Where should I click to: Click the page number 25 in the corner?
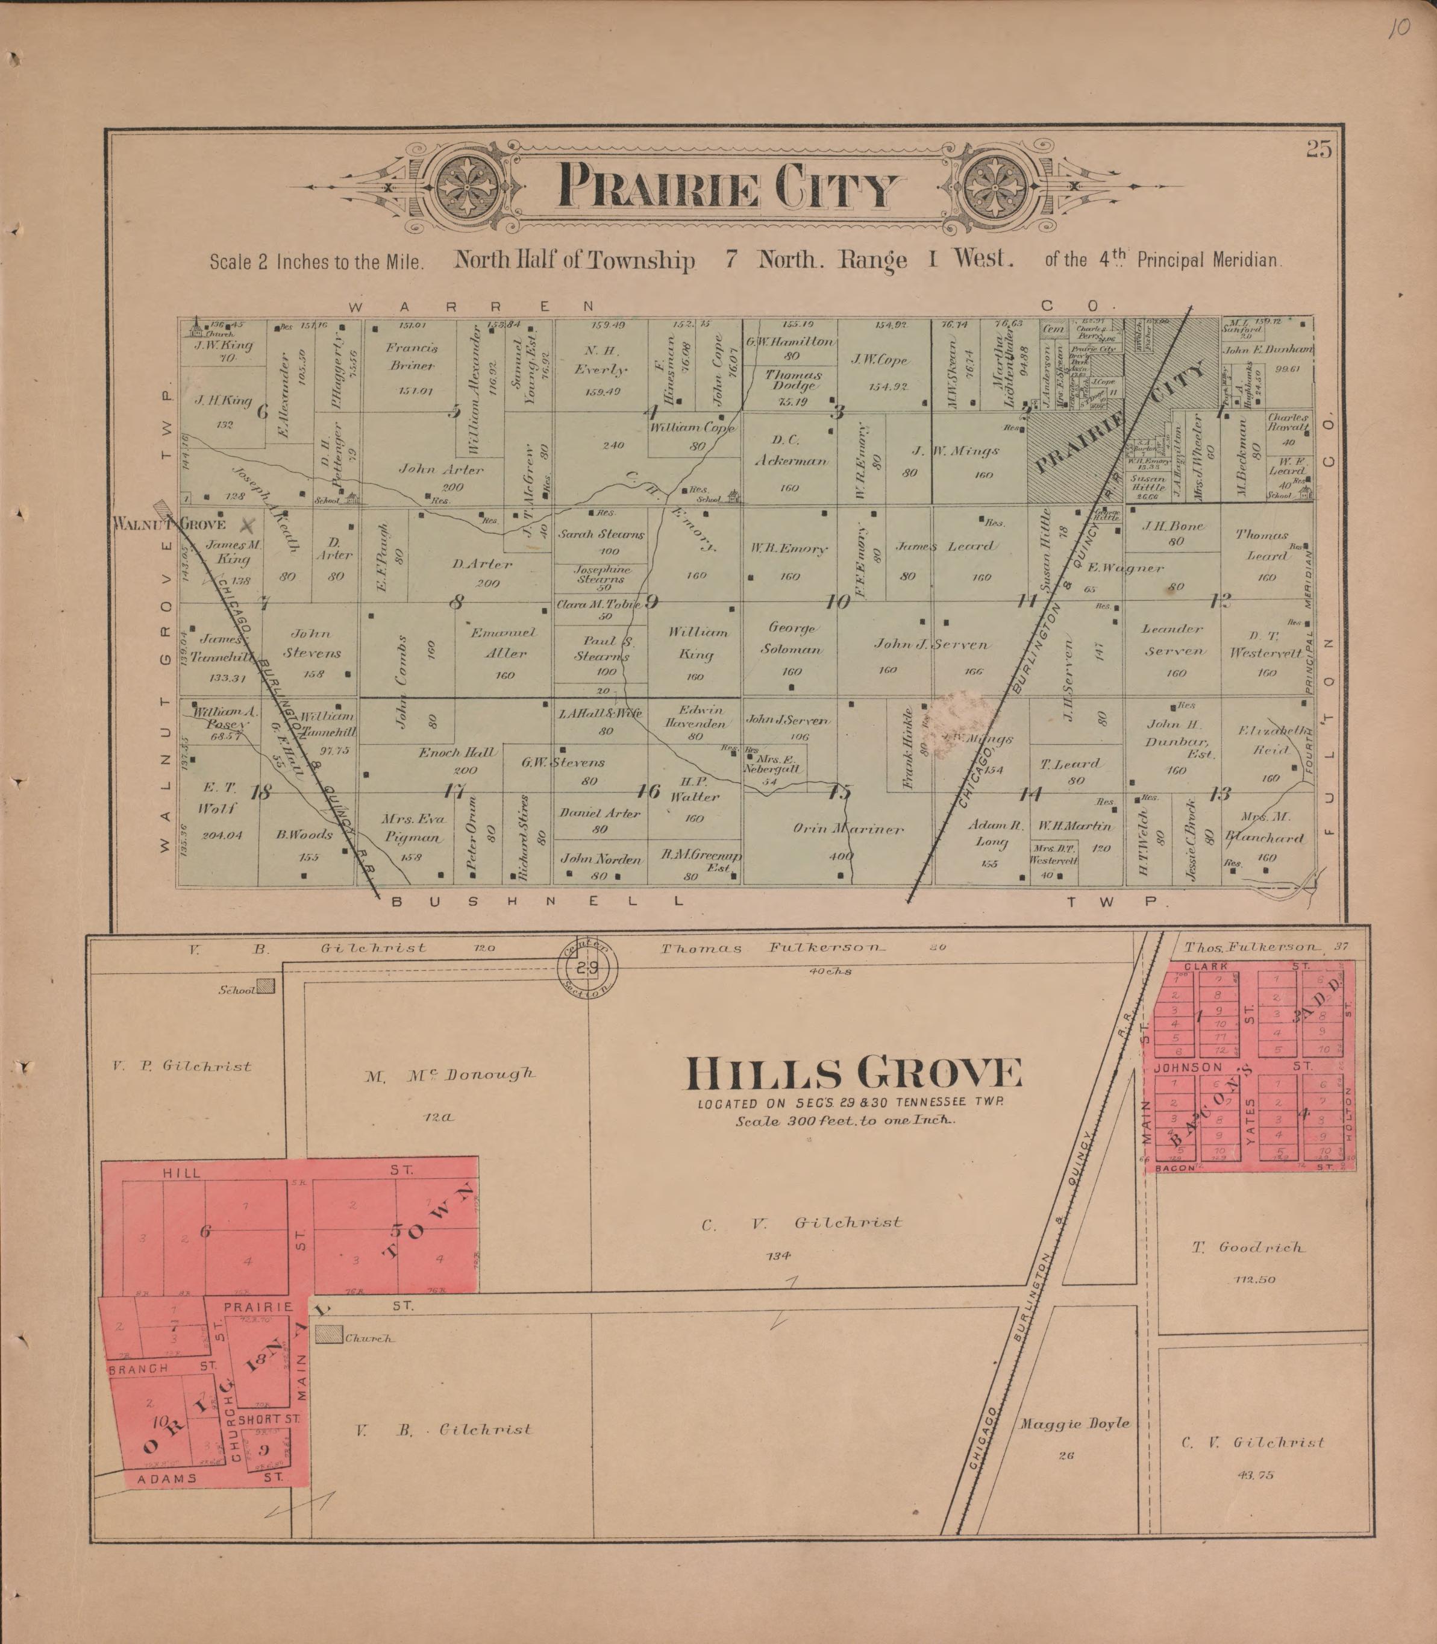1318,150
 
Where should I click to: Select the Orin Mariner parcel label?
848,829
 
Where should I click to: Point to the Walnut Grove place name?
170,524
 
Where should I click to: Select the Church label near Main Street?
369,1338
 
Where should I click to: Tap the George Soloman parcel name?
792,638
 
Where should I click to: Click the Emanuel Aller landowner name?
502,642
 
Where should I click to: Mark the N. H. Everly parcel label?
601,360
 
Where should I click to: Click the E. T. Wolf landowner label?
218,798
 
